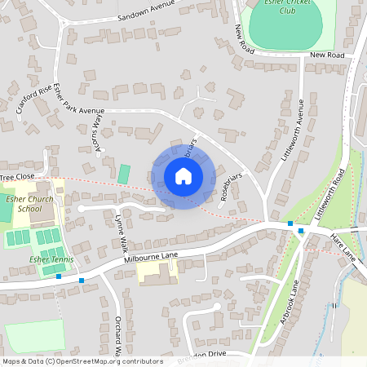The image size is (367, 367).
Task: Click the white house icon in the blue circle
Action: pos(183,175)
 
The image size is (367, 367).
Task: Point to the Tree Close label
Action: pos(17,176)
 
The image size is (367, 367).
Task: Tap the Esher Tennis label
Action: pos(51,259)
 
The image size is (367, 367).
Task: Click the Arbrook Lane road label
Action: pos(290,301)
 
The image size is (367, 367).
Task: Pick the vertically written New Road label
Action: pos(241,40)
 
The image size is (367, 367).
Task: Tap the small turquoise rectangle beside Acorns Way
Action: pos(123,174)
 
